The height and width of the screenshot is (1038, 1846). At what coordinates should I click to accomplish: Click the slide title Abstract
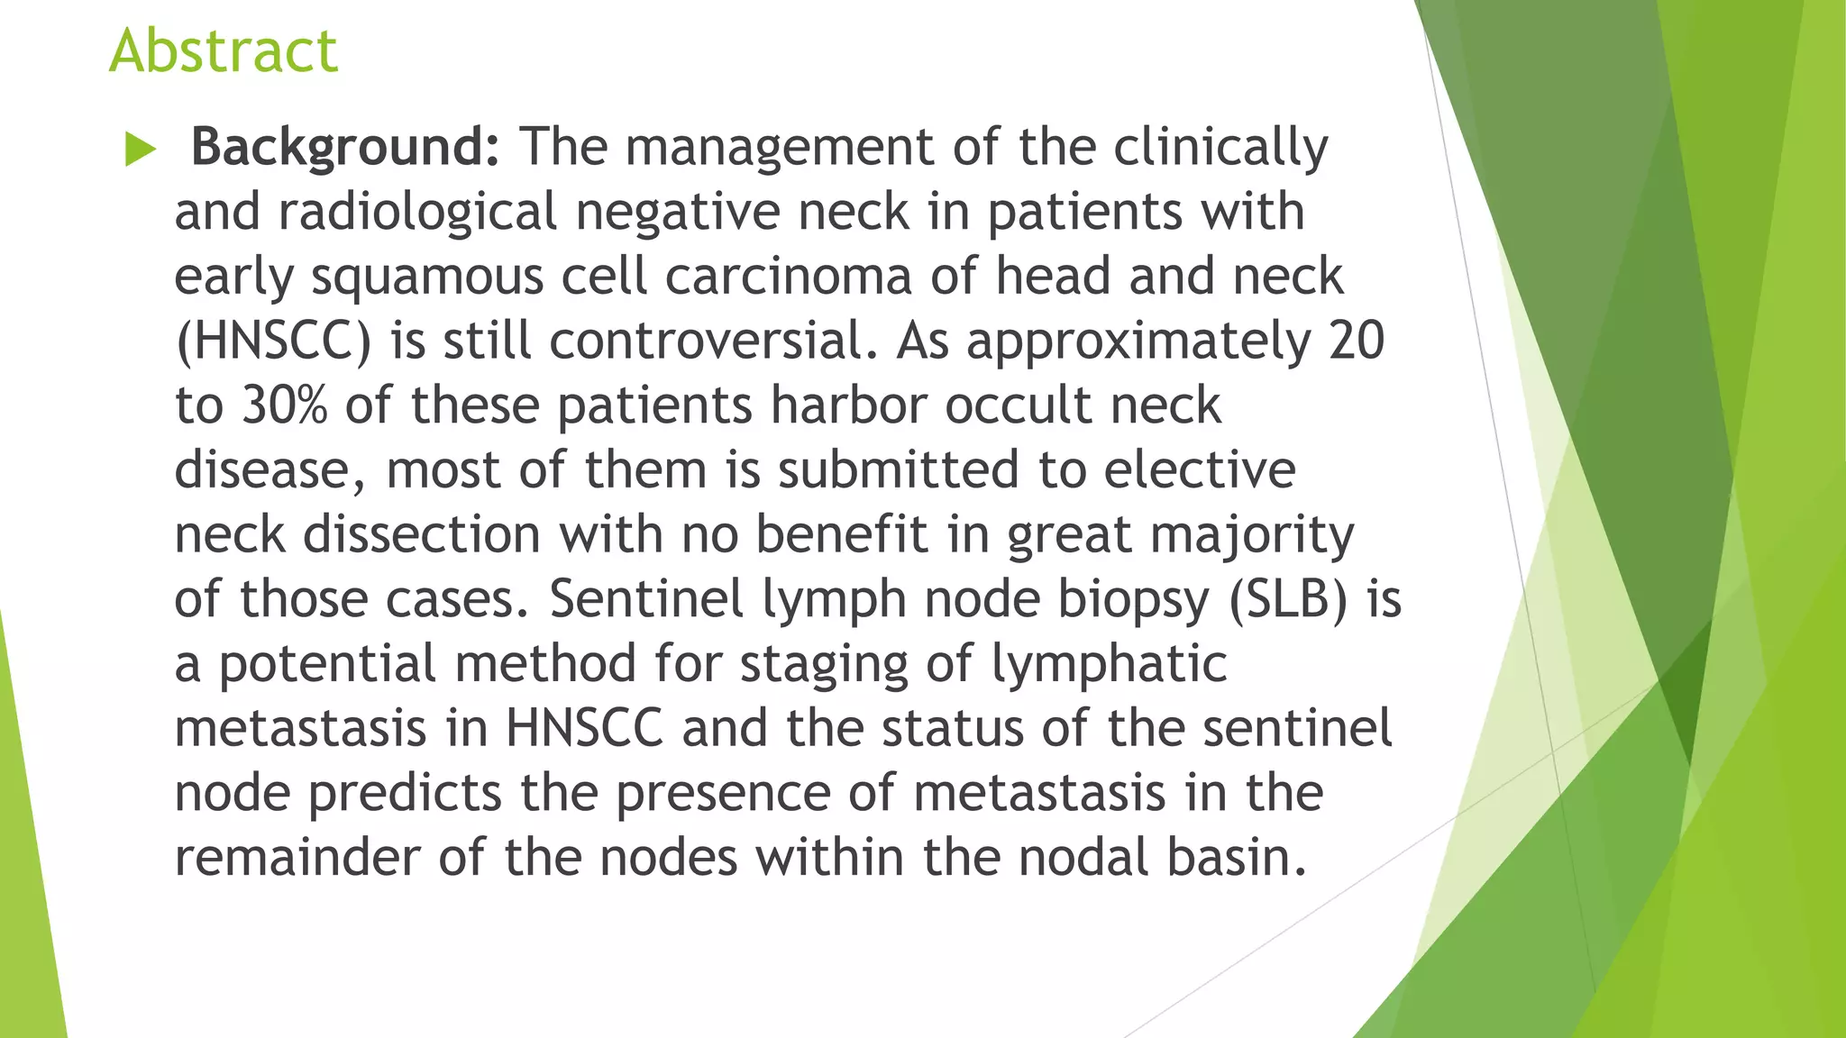224,50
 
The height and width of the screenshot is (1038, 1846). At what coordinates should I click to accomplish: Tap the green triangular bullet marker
140,149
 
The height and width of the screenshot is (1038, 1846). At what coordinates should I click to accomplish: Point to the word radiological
417,212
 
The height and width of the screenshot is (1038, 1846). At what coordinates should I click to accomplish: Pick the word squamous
427,277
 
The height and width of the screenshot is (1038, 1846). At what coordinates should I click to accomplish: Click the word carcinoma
788,276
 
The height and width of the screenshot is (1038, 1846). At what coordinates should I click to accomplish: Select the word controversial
712,341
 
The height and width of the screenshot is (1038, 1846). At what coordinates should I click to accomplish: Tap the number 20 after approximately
1356,341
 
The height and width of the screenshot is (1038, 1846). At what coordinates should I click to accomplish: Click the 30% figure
284,405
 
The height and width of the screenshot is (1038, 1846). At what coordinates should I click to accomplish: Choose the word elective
1200,469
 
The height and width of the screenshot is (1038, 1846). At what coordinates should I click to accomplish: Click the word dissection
421,534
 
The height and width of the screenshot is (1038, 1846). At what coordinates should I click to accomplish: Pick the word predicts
404,794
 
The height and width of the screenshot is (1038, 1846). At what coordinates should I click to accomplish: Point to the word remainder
297,857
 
